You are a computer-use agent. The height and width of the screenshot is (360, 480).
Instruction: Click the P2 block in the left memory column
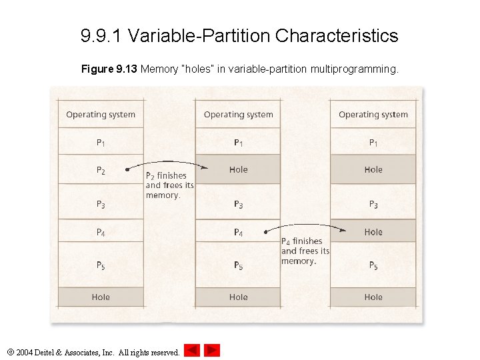[x=101, y=171]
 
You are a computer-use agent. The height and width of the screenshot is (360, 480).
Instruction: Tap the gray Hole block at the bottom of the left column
[x=101, y=297]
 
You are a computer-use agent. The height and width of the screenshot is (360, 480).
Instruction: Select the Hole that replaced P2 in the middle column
[x=238, y=170]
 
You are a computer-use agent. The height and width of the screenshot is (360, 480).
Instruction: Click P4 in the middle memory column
[x=238, y=232]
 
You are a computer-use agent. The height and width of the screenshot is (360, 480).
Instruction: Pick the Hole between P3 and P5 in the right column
[x=373, y=232]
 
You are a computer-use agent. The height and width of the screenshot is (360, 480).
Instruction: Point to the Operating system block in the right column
[x=373, y=115]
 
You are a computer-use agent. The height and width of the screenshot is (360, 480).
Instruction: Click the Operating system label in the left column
[x=101, y=115]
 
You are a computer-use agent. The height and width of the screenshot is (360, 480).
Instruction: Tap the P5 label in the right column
[x=373, y=265]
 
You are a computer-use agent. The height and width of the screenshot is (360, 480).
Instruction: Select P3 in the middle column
[x=238, y=204]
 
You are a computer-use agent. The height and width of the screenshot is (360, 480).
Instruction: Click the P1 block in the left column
[x=101, y=142]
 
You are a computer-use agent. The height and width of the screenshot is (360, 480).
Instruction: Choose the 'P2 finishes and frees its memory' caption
[x=169, y=185]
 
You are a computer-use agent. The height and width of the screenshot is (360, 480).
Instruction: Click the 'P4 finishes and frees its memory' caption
[x=305, y=251]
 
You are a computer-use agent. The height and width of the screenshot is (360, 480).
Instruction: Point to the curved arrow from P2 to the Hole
[x=160, y=163]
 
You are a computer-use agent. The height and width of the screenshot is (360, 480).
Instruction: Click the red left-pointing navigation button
[x=192, y=350]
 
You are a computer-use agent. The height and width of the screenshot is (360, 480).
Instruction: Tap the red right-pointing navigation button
[x=212, y=350]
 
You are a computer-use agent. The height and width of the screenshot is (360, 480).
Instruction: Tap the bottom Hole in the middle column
[x=238, y=297]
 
